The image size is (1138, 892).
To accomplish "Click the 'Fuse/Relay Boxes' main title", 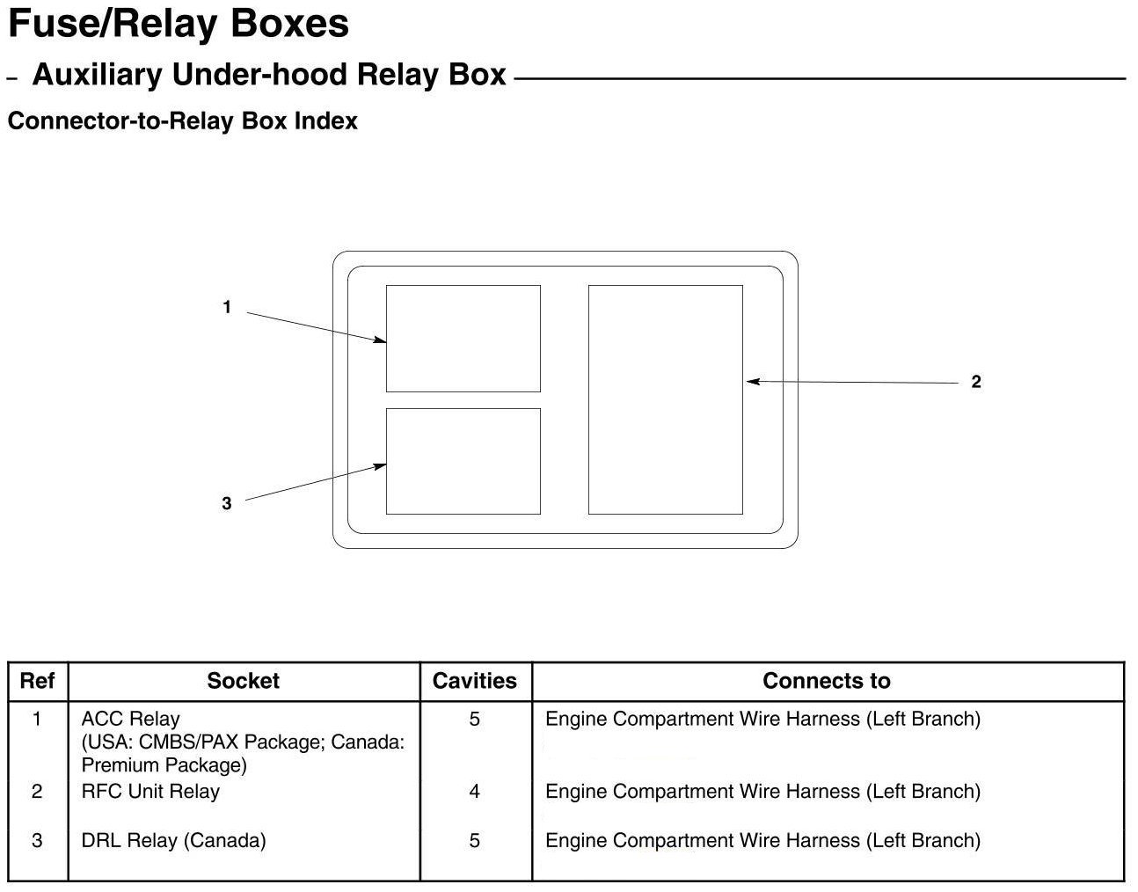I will pyautogui.click(x=179, y=25).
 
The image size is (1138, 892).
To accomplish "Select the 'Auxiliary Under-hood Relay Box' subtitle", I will pyautogui.click(x=269, y=75).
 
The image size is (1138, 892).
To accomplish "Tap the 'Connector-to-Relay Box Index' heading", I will pyautogui.click(x=182, y=121).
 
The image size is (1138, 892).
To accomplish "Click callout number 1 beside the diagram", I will pyautogui.click(x=227, y=307).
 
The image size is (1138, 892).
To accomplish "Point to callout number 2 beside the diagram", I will pyautogui.click(x=975, y=382).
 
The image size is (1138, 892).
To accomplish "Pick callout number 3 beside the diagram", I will pyautogui.click(x=227, y=503).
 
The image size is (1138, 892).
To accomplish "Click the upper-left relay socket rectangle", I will pyautogui.click(x=463, y=339).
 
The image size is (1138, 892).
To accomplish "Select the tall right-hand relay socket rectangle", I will pyautogui.click(x=665, y=399).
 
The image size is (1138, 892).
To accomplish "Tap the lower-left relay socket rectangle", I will pyautogui.click(x=463, y=461).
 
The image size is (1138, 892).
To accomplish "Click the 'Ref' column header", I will pyautogui.click(x=37, y=681).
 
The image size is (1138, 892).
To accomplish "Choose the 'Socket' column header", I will pyautogui.click(x=243, y=681).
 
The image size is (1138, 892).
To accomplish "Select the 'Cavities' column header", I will pyautogui.click(x=475, y=681).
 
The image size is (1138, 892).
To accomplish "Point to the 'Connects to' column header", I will pyautogui.click(x=826, y=681).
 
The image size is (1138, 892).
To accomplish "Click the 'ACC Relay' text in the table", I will pyautogui.click(x=130, y=719).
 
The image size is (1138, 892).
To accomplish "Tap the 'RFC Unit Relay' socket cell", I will pyautogui.click(x=150, y=791).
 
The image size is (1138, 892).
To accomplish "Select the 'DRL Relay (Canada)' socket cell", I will pyautogui.click(x=173, y=840).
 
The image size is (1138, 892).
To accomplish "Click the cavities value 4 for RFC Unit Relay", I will pyautogui.click(x=474, y=791).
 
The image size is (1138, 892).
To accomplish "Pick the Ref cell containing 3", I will pyautogui.click(x=37, y=840).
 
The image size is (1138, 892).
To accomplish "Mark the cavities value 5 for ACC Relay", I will pyautogui.click(x=474, y=719).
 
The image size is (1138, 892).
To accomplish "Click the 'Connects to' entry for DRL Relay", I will pyautogui.click(x=762, y=840).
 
